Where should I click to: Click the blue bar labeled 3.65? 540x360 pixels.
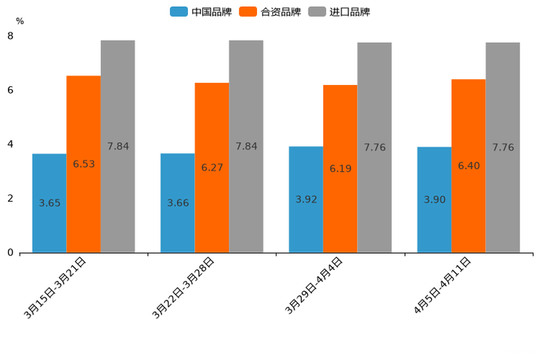point(49,203)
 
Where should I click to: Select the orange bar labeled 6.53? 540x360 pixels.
point(83,164)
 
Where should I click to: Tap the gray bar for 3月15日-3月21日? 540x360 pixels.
point(118,146)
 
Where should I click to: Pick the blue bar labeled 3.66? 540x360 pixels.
point(178,203)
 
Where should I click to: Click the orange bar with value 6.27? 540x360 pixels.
point(212,168)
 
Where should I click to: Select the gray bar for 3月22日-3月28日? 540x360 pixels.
point(246,146)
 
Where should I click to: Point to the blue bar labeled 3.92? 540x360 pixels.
point(306,200)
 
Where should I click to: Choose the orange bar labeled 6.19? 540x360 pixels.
point(340,168)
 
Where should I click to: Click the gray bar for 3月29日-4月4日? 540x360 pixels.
point(375,147)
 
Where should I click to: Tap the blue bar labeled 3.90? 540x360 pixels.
point(434,200)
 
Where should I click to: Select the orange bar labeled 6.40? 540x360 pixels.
point(468,165)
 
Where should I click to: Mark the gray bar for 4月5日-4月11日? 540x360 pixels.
point(503,147)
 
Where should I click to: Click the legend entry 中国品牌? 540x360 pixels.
point(201,12)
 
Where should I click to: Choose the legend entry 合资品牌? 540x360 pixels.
point(270,12)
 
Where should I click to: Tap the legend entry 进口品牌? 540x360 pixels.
point(339,12)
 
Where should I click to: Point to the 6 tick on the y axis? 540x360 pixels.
point(10,90)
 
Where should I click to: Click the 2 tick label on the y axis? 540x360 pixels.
point(10,198)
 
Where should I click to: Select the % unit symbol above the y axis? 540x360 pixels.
point(20,21)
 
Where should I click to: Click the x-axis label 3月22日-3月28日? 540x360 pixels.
point(183,287)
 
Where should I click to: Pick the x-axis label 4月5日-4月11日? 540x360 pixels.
point(442,286)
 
